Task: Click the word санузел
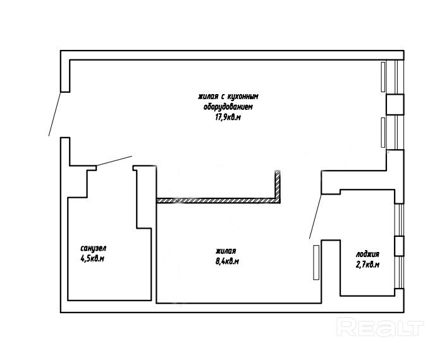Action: pos(93,248)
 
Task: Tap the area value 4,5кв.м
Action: pos(92,258)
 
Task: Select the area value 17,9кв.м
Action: pos(228,117)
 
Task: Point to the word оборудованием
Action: pos(228,107)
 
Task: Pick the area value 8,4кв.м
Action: pos(227,261)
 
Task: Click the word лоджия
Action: pos(367,254)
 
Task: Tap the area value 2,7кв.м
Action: pos(367,265)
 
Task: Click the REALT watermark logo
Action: pos(380,327)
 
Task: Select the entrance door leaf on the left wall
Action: pos(55,114)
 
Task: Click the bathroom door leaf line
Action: pos(114,160)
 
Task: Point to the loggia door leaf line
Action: pos(315,217)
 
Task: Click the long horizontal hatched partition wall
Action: pos(218,200)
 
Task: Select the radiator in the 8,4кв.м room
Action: pos(316,263)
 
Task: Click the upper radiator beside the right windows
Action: pos(383,77)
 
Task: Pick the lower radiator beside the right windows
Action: pos(383,133)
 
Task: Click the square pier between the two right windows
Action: pos(395,104)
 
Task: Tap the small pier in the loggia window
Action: pos(399,246)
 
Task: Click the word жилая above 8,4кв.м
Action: pos(226,251)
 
